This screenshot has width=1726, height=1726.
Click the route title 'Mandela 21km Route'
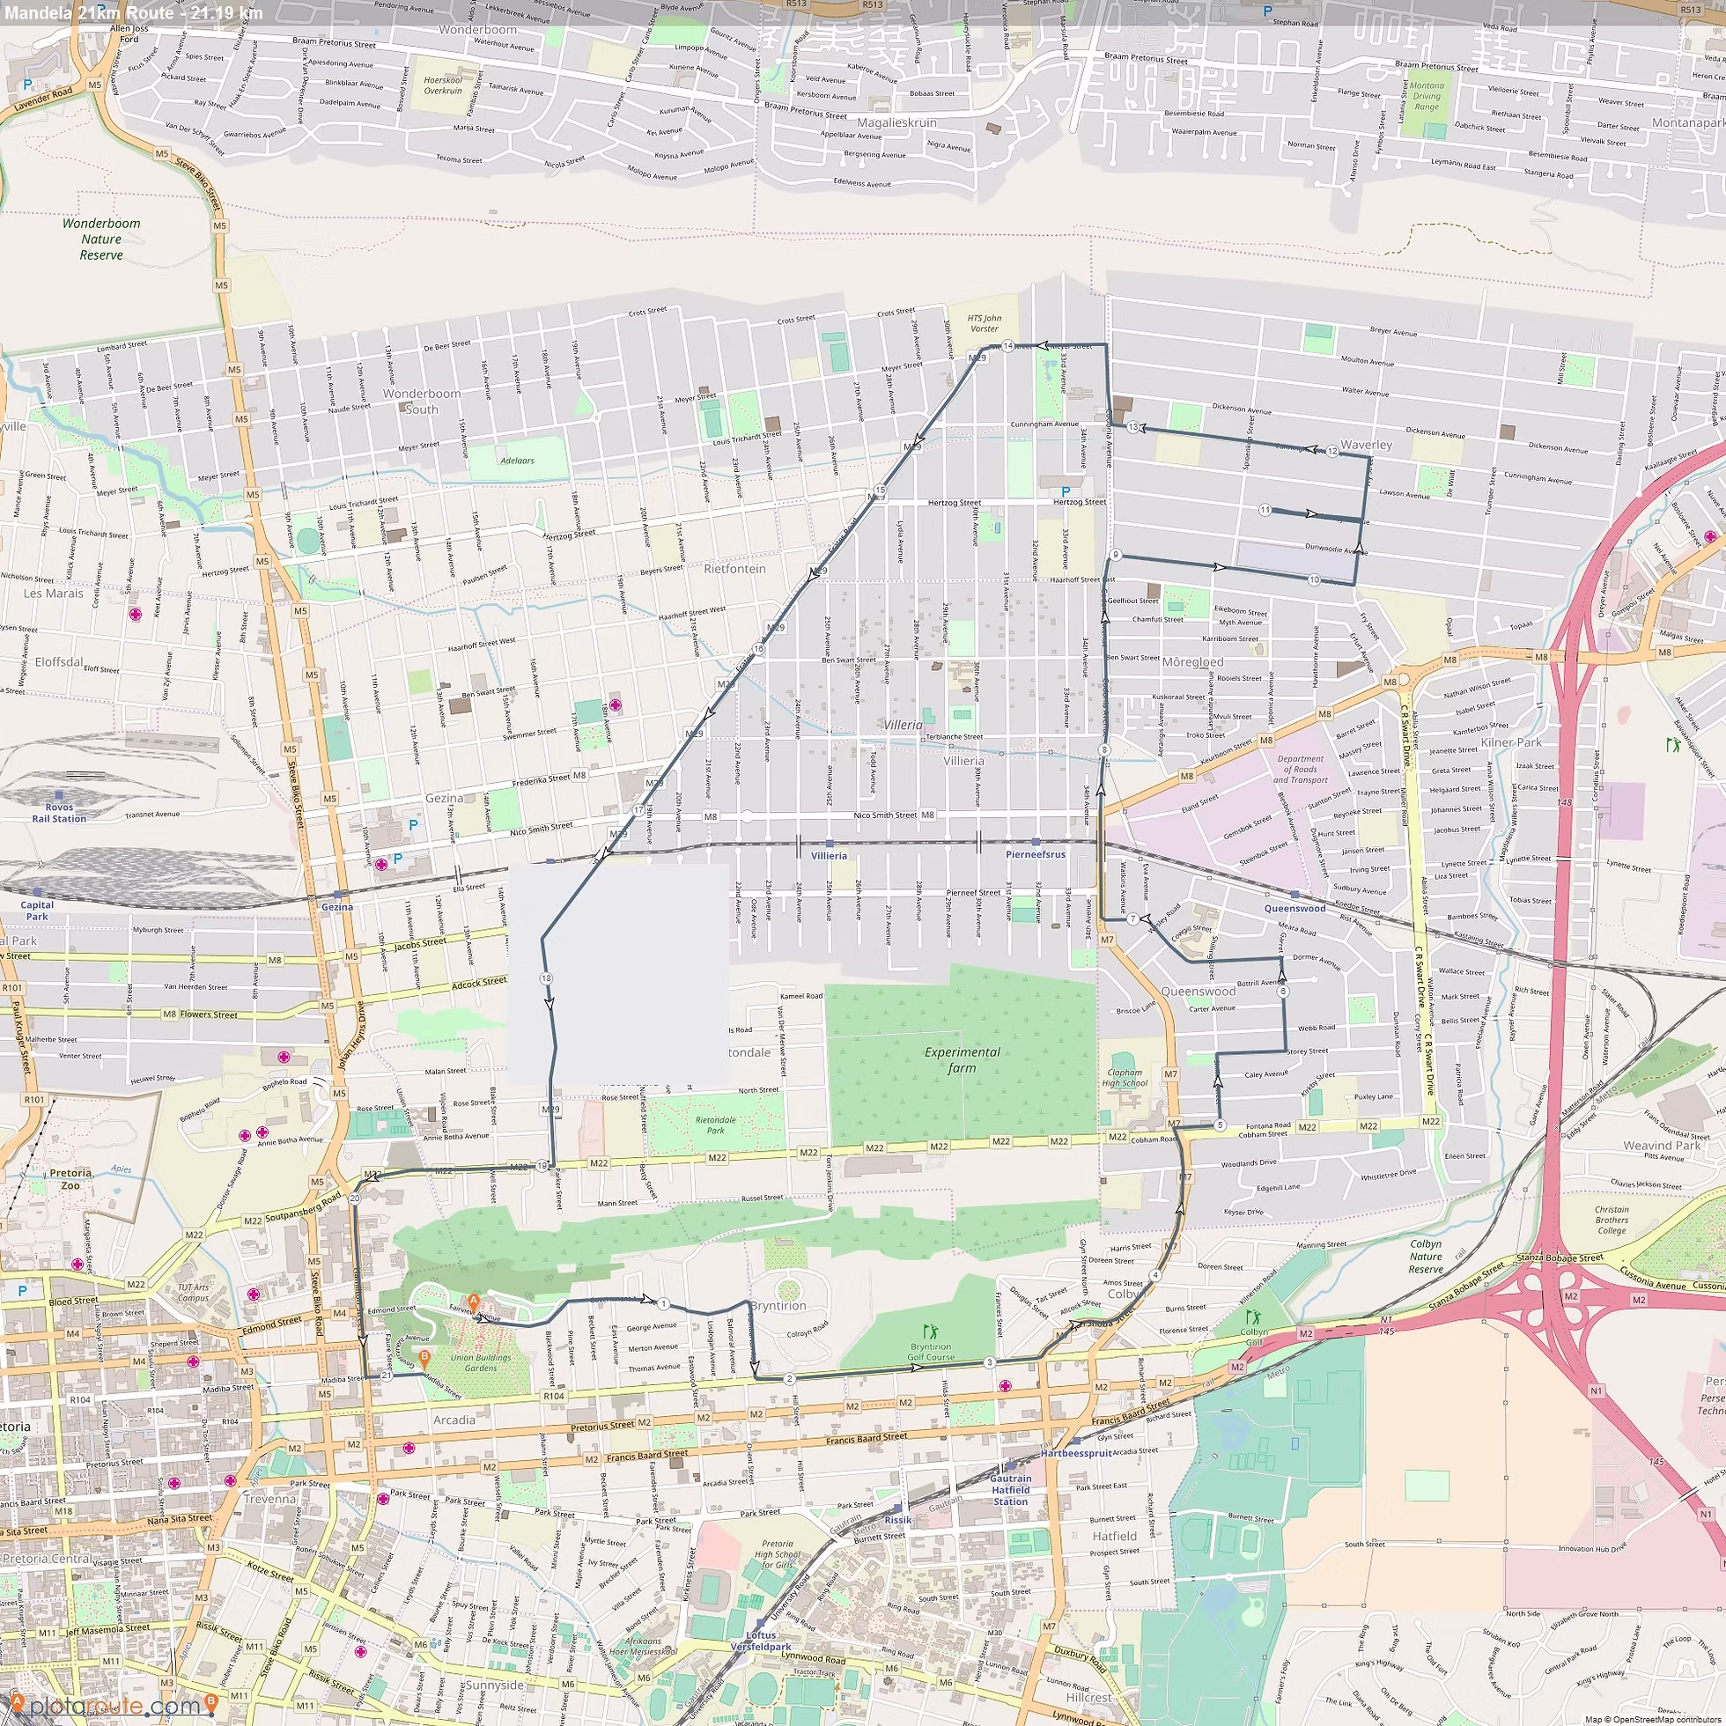pos(89,12)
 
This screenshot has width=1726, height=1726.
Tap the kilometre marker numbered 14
pos(1007,346)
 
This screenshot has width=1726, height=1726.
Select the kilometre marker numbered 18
pos(546,978)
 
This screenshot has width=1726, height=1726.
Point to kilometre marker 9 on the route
pos(1116,555)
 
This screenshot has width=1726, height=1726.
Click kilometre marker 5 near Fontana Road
pos(1220,1125)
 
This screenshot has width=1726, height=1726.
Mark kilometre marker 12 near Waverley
pos(1332,451)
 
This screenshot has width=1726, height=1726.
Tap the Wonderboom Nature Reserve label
pos(101,239)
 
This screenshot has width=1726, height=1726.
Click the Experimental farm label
pos(963,1059)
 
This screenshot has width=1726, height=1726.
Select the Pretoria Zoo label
pos(70,1179)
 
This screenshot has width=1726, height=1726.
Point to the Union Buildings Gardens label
pos(481,1362)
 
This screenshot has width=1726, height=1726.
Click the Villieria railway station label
pos(829,856)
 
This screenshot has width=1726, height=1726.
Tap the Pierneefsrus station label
pos(1036,854)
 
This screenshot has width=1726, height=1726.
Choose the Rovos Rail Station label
pos(59,813)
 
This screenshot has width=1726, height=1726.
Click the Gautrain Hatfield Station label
pos(1010,1490)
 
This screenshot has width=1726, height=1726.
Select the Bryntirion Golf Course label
pos(931,1352)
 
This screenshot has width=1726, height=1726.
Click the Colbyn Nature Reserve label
pos(1426,1256)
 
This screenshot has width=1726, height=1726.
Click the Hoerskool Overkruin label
pos(443,85)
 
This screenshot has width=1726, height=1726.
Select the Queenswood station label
pos(1294,908)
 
